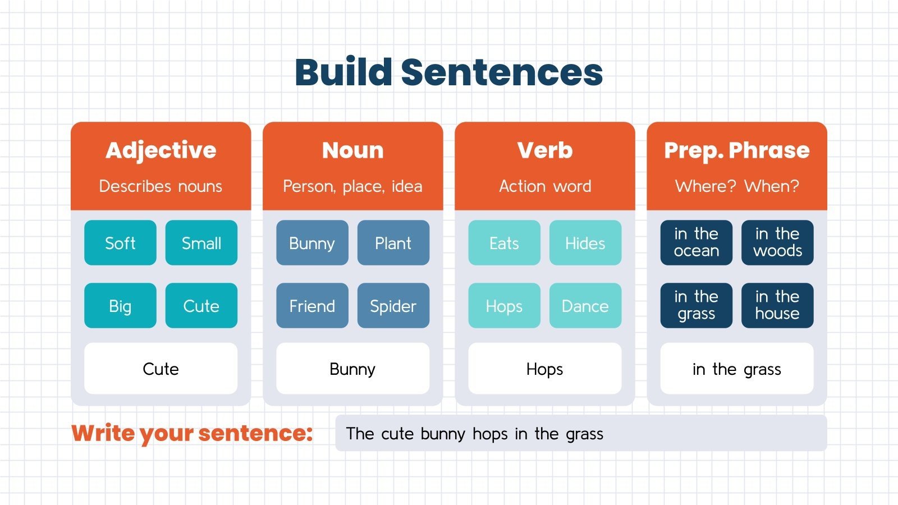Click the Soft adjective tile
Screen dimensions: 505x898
point(120,243)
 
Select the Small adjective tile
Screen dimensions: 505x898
point(201,243)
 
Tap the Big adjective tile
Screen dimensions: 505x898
point(120,306)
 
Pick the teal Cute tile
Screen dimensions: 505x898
point(201,306)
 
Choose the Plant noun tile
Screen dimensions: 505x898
point(393,243)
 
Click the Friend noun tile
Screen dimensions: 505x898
point(312,306)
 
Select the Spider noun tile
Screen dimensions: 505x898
point(393,306)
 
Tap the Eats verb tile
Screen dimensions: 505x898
point(504,243)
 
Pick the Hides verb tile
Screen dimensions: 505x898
point(585,243)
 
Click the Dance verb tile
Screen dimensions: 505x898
point(585,306)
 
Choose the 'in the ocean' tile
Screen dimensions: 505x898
point(696,242)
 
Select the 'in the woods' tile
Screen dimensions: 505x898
point(777,242)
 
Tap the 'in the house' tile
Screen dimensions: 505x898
point(777,305)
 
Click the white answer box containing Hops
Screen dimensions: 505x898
point(544,369)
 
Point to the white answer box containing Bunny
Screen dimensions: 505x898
point(352,369)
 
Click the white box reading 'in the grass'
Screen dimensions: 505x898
point(736,369)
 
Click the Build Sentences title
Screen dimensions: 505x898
point(448,72)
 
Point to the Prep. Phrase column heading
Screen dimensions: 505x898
point(736,150)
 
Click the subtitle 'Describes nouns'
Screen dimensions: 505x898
point(161,186)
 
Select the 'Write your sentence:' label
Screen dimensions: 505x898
point(192,433)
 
